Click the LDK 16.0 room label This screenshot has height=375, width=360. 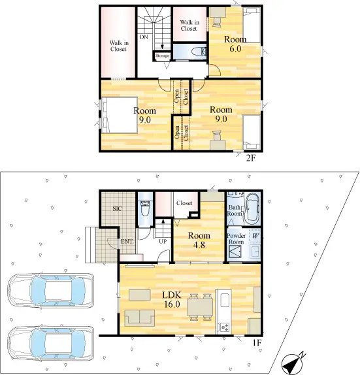[172, 299]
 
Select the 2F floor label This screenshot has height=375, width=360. [251, 158]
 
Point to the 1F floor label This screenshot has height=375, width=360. [257, 343]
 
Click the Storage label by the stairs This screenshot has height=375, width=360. [162, 56]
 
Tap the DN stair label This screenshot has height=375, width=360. [144, 37]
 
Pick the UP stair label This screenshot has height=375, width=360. [163, 241]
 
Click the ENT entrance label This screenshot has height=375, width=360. [127, 242]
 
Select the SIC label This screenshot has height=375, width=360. [117, 209]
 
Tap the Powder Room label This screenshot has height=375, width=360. [236, 238]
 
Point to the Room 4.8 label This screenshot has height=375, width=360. [199, 240]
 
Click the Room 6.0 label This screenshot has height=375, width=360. [235, 44]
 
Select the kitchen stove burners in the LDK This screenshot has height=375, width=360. [225, 327]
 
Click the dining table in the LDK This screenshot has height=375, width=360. [200, 307]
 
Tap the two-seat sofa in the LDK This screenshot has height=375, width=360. [139, 318]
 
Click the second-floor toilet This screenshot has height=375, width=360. [199, 52]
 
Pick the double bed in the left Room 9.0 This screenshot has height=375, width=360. [120, 115]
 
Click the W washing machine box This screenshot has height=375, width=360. [255, 236]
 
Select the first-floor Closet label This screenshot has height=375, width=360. [184, 203]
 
